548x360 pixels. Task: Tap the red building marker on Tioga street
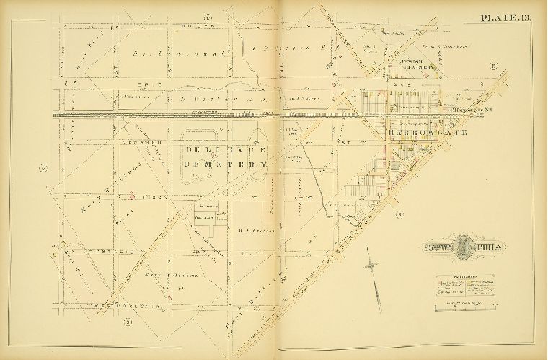132,193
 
